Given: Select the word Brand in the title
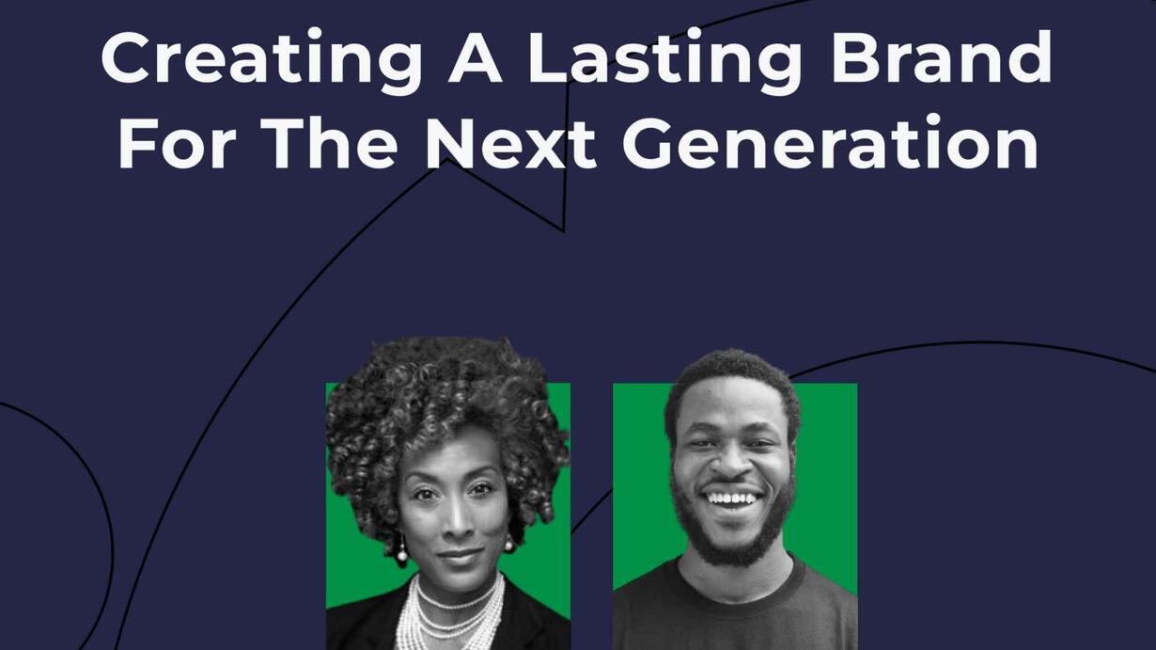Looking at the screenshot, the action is [942, 56].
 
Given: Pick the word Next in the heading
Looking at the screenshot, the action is [511, 143].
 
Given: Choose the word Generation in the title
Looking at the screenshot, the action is [831, 142].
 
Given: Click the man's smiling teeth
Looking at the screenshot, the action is [732, 499].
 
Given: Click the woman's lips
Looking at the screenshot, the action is [459, 555].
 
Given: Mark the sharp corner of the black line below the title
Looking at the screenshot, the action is [563, 230].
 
